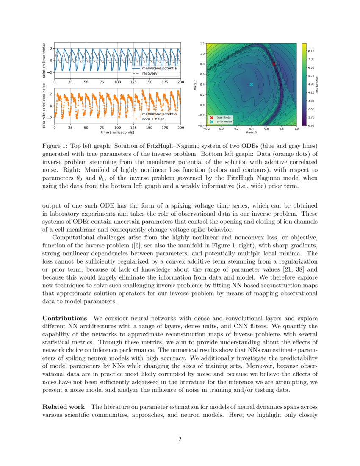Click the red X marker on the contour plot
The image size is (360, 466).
click(274, 64)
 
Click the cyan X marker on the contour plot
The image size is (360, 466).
click(251, 84)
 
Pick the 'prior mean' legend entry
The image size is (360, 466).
click(224, 122)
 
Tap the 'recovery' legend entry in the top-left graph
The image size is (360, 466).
click(150, 73)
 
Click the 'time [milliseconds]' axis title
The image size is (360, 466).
click(117, 132)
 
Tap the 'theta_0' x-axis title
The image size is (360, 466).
click(251, 133)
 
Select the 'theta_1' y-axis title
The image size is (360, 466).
click(196, 84)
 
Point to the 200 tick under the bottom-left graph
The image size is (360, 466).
click(180, 128)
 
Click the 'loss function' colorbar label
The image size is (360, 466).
click(324, 84)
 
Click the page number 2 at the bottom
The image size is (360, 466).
click(180, 439)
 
